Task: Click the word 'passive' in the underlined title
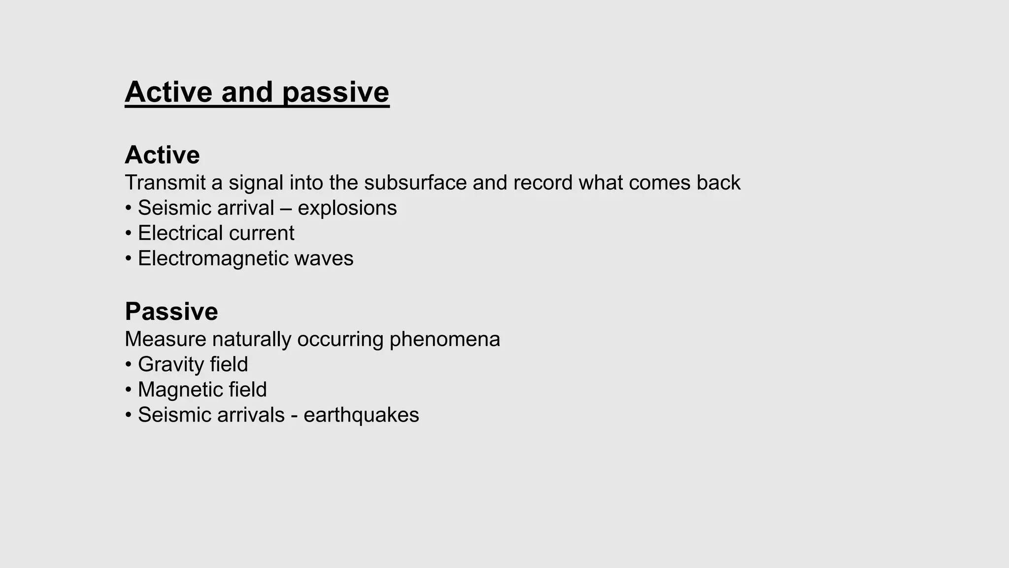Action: pos(336,92)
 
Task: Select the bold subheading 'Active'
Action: pos(162,155)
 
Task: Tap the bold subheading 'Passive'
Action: pos(171,312)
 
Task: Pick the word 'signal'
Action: pos(256,183)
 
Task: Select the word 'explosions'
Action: pos(347,208)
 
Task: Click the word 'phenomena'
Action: pos(444,339)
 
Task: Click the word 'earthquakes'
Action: pos(361,415)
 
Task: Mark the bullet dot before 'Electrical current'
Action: pos(129,234)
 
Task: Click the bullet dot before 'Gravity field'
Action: pos(129,365)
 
